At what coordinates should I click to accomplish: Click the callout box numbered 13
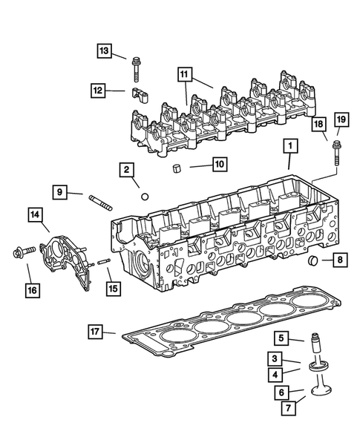pos(103,50)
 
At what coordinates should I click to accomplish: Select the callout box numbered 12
pos(98,90)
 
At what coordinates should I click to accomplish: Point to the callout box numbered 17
pos(94,330)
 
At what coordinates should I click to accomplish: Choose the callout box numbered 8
pos(339,260)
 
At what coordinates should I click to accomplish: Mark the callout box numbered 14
pos(34,215)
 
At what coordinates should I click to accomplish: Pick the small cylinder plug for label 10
pos(177,168)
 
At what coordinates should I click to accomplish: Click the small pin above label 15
pos(103,260)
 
